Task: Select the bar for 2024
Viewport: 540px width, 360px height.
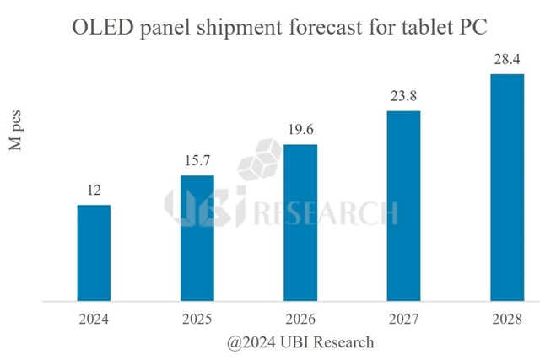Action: coord(94,253)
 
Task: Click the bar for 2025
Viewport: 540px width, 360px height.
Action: coord(197,238)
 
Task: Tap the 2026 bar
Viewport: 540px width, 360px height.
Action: coord(300,223)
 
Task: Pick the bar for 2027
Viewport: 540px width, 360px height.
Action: coord(403,206)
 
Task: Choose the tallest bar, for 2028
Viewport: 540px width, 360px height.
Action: coord(506,187)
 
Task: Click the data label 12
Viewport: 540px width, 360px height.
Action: coord(94,191)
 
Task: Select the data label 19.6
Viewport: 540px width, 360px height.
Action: coord(300,131)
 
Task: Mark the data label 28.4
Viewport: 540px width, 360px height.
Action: coord(506,60)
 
